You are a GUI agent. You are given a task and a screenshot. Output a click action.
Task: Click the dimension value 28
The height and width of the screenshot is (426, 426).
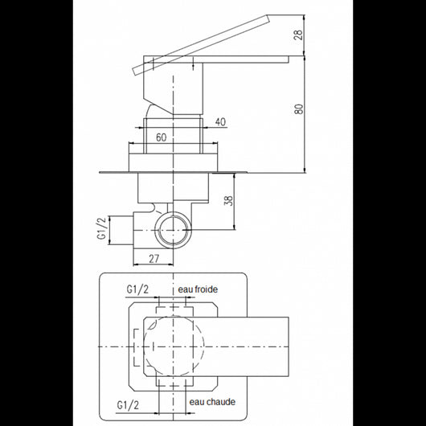[x=298, y=35]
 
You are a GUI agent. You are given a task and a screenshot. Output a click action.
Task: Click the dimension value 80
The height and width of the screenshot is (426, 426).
[x=299, y=109]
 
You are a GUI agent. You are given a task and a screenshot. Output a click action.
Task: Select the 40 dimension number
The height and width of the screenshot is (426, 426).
[x=220, y=121]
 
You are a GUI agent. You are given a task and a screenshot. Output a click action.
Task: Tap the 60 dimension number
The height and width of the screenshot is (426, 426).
[x=161, y=137]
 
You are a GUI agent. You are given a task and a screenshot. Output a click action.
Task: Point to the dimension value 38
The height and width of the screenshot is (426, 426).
[x=230, y=200]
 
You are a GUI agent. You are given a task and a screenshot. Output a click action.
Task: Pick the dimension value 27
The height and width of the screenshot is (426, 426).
[x=154, y=259]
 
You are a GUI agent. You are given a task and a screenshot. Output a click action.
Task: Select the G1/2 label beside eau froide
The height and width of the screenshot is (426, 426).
[x=137, y=289]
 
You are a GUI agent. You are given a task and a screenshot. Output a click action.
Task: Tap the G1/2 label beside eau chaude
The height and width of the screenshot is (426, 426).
[x=128, y=405]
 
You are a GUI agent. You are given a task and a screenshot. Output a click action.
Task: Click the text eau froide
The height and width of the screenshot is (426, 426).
[x=198, y=289]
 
